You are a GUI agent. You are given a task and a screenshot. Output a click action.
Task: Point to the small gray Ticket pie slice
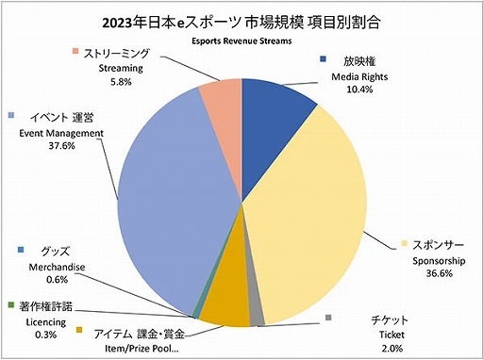pos(255,317)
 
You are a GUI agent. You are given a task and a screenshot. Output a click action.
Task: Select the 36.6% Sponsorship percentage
pos(431,273)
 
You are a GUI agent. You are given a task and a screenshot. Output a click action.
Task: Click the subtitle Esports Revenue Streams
pos(241,41)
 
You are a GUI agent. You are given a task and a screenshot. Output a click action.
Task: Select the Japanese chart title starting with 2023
pos(241,20)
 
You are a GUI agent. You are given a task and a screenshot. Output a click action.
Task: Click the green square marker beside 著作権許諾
pos(9,305)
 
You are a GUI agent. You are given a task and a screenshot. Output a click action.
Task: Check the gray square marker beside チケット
pos(327,318)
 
